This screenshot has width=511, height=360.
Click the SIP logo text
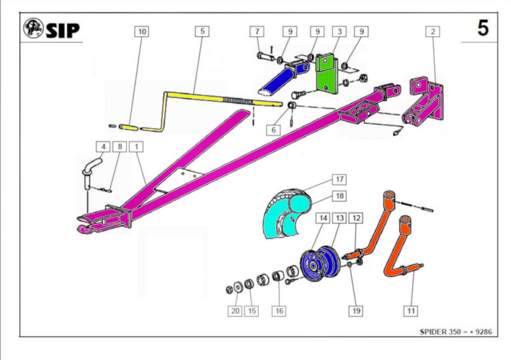pyautogui.click(x=62, y=30)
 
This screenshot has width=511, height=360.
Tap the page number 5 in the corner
pyautogui.click(x=483, y=28)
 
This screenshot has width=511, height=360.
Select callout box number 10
pyautogui.click(x=142, y=31)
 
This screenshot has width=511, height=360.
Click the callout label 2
pyautogui.click(x=433, y=31)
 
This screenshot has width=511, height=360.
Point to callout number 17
pyautogui.click(x=339, y=179)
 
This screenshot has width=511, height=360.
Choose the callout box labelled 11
pyautogui.click(x=411, y=311)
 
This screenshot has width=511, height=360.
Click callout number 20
pyautogui.click(x=235, y=311)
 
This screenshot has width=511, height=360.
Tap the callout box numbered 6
pyautogui.click(x=273, y=129)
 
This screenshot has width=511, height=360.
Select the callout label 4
pyautogui.click(x=103, y=147)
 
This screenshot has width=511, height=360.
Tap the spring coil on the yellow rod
pyautogui.click(x=239, y=101)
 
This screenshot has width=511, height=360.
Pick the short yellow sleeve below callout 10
pyautogui.click(x=129, y=127)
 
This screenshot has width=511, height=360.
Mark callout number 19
pyautogui.click(x=355, y=311)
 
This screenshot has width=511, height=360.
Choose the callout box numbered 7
pyautogui.click(x=257, y=31)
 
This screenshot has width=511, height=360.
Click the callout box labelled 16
pyautogui.click(x=279, y=311)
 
